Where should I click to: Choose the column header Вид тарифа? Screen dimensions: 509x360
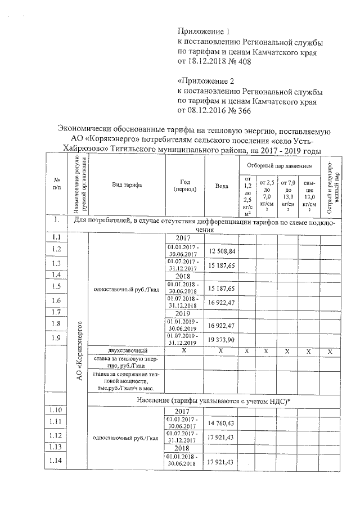pyautogui.click(x=127, y=184)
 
